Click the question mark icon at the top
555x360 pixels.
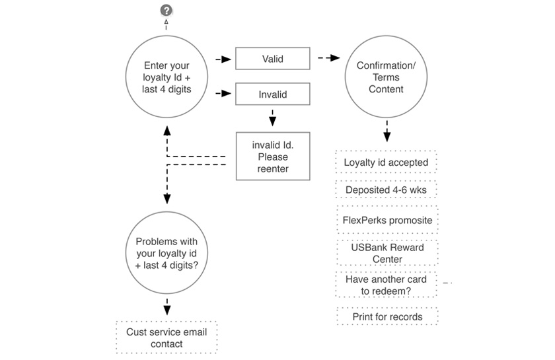pos(166,10)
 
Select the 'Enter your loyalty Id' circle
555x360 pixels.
pos(166,77)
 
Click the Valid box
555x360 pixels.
pos(272,59)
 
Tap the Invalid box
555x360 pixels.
pos(272,94)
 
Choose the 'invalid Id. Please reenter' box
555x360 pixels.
pos(272,157)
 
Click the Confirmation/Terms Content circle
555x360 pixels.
pos(386,77)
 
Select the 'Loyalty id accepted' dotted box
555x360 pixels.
pos(386,162)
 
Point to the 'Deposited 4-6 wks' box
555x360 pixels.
pos(386,190)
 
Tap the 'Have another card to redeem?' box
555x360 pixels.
pos(386,285)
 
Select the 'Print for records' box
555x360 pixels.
pos(387,316)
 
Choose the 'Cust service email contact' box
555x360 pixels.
pos(166,338)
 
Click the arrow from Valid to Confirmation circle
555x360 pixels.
pos(328,59)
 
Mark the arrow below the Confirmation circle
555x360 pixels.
pos(387,133)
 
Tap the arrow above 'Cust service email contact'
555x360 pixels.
pos(166,306)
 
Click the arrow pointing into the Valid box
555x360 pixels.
pos(223,59)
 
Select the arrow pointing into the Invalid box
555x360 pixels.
pos(223,94)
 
